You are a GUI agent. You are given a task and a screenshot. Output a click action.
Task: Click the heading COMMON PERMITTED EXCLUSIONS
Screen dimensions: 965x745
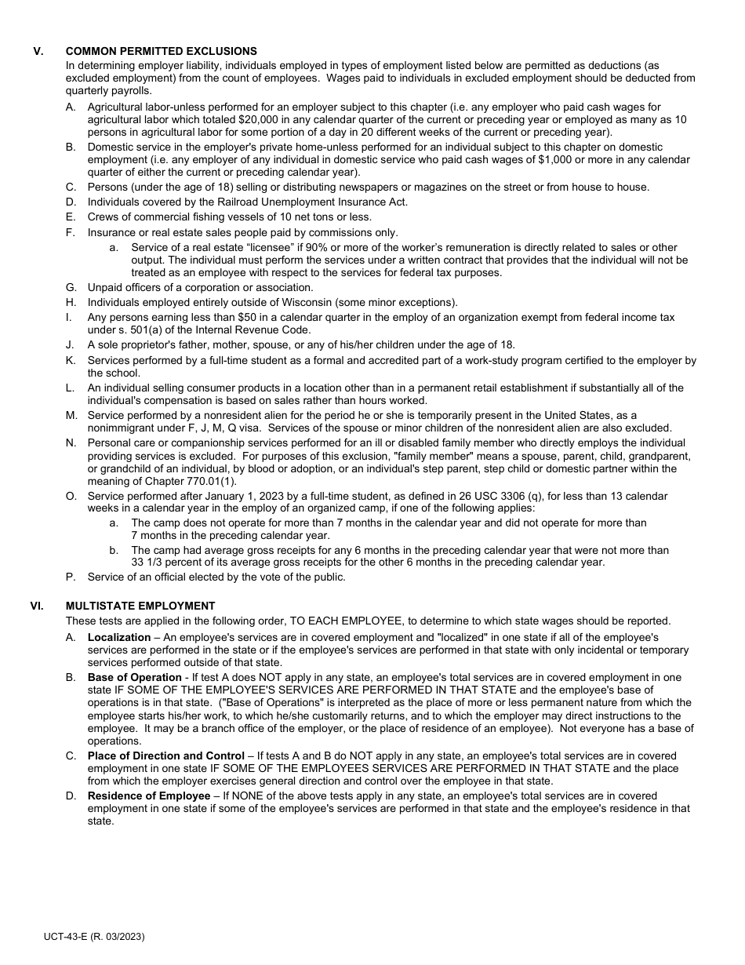pos(161,52)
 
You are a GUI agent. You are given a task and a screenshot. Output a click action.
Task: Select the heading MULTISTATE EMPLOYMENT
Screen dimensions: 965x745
pos(140,606)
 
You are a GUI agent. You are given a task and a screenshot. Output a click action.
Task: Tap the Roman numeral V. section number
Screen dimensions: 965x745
pos(38,52)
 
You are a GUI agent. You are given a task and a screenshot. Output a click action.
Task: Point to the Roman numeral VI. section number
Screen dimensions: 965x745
pos(36,606)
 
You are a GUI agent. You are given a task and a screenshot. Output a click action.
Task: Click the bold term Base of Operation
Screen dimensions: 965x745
pos(134,677)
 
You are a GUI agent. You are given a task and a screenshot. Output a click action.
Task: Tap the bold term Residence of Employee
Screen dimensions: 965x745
pos(148,796)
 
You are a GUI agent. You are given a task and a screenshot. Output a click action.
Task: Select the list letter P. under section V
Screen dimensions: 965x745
pos(71,577)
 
